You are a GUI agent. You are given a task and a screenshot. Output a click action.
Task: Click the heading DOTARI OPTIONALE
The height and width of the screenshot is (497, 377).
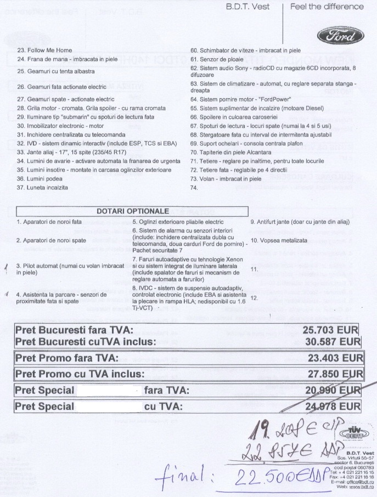(133, 211)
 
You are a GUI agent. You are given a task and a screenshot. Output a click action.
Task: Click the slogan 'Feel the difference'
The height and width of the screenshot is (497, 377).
(326, 7)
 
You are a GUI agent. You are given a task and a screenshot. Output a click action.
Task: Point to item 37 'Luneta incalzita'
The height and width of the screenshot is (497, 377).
(42, 187)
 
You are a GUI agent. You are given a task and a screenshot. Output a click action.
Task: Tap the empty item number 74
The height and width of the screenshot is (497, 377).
(193, 187)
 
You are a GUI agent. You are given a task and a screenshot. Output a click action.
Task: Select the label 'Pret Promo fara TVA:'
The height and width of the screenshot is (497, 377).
(67, 358)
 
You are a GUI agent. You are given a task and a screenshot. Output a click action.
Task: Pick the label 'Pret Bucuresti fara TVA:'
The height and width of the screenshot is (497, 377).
(75, 330)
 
